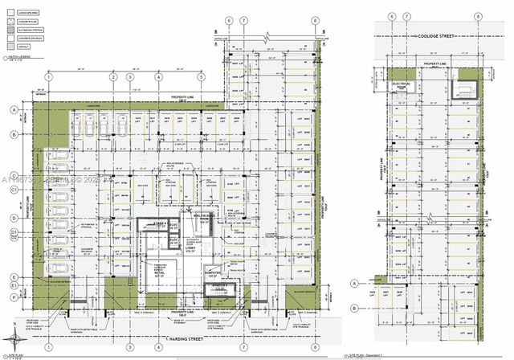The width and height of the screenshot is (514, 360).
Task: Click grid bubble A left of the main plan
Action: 13,110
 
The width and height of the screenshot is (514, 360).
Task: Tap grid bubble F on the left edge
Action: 13,296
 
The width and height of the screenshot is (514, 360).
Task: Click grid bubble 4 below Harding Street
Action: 157,350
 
